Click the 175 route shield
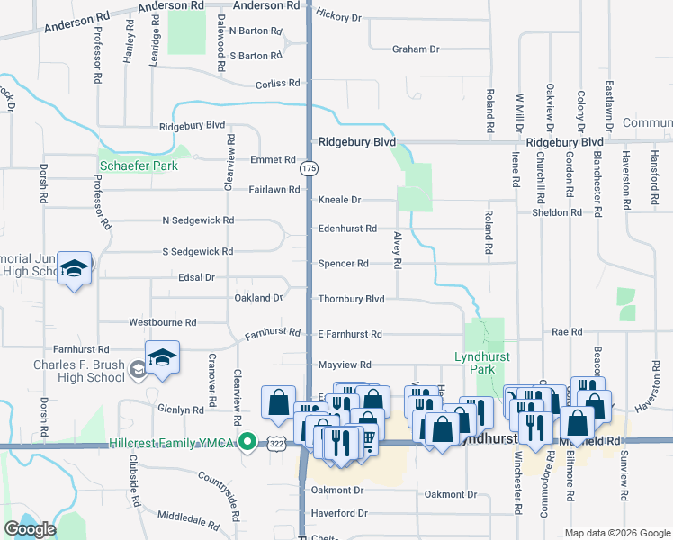point(309,168)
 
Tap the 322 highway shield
point(275,443)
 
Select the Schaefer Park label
point(139,166)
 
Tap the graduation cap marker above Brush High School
point(162,359)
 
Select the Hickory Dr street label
point(338,17)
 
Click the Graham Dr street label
point(416,49)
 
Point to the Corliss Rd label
point(277,83)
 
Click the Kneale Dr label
point(339,200)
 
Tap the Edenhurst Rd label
point(346,229)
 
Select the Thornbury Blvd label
point(351,299)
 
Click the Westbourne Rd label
point(163,321)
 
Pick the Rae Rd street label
point(568,332)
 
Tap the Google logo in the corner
point(30,529)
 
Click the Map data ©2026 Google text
point(616,533)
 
